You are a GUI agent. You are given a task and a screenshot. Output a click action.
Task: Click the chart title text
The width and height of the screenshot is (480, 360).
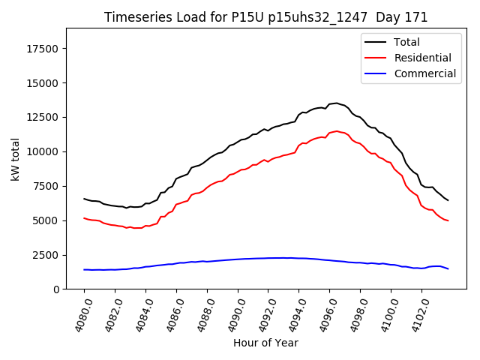(x=265, y=17)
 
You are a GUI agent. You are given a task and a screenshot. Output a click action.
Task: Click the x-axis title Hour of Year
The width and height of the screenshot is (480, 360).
(x=265, y=343)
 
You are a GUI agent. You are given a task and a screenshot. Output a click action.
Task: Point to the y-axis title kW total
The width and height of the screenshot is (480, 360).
(x=15, y=159)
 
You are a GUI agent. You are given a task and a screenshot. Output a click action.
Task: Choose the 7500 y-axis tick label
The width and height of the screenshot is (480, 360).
(x=47, y=186)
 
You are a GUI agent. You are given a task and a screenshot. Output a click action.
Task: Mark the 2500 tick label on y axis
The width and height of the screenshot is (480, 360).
(x=47, y=255)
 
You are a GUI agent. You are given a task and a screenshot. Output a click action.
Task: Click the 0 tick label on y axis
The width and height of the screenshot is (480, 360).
(x=56, y=289)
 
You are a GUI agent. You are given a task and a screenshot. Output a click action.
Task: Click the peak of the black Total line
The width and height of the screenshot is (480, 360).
(x=336, y=103)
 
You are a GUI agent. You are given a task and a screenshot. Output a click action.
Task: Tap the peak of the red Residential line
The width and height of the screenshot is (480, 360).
(x=336, y=130)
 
